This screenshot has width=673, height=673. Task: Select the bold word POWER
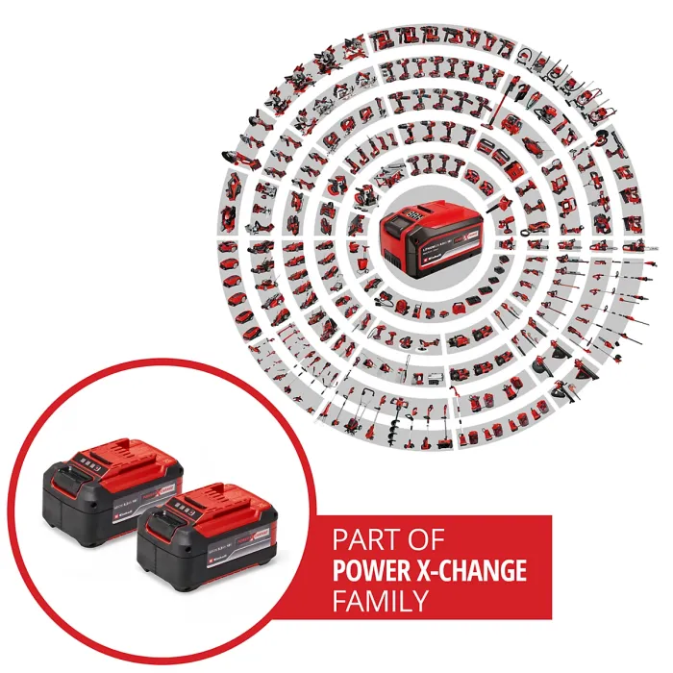click(369, 570)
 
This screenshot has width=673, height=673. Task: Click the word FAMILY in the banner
click(380, 602)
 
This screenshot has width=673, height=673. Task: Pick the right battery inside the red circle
click(208, 543)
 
